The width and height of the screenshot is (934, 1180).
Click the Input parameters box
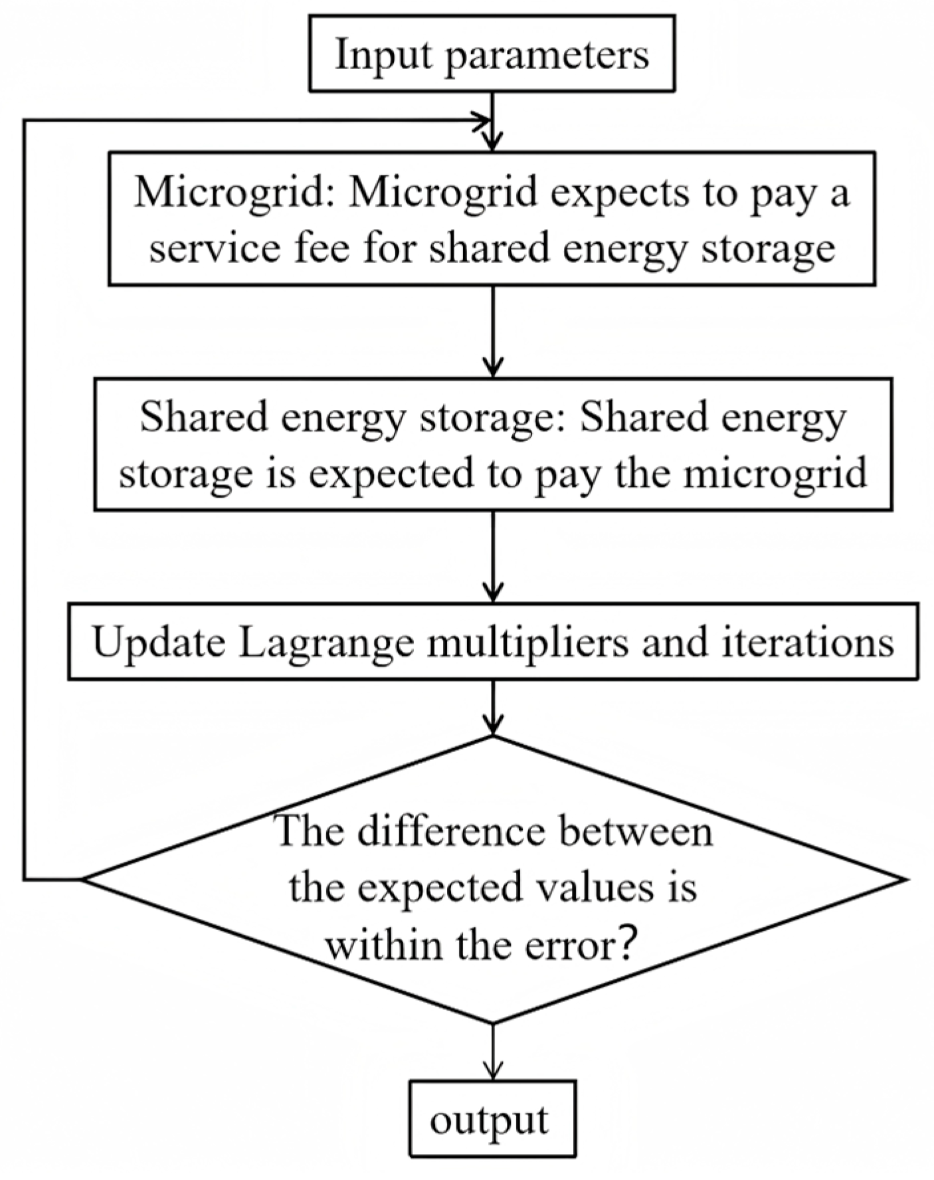tap(492, 54)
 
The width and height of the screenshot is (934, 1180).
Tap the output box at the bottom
tap(492, 1120)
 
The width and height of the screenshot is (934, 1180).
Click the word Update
tap(159, 642)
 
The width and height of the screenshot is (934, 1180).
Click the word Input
tap(384, 54)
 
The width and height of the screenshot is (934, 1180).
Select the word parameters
tap(546, 54)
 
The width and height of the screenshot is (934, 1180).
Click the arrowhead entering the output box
tap(492, 1072)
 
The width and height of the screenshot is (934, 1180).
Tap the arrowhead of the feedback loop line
tap(482, 120)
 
